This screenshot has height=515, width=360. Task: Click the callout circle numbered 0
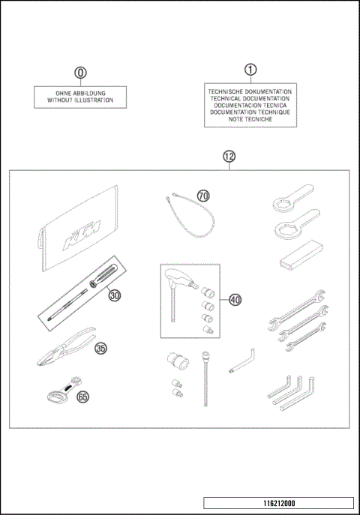coord(80,73)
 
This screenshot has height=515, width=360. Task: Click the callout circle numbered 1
coord(250,69)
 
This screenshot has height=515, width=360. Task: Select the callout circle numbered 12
coord(229,157)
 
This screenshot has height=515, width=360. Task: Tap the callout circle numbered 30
coord(114,295)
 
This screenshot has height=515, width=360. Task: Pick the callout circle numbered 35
coord(101,348)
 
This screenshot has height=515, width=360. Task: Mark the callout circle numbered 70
coord(203,196)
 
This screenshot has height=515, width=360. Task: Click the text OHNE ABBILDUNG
coord(80,91)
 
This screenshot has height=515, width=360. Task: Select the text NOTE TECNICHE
coord(250,119)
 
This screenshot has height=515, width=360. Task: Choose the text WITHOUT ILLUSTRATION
coord(80,99)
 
